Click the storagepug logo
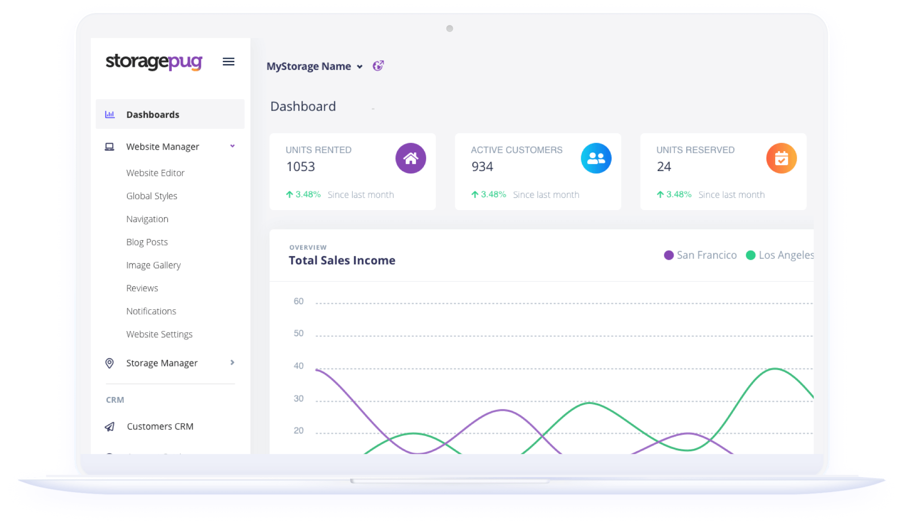[x=154, y=62]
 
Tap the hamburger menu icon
[x=228, y=62]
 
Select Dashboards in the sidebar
[x=152, y=115]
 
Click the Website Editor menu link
[x=155, y=173]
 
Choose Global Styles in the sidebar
[x=151, y=196]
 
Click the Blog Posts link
[x=147, y=242]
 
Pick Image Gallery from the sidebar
[x=153, y=265]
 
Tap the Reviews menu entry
[x=142, y=288]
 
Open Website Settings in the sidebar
[x=159, y=334]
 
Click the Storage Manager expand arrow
[x=232, y=363]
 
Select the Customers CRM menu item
[x=160, y=427]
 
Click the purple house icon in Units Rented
[x=410, y=158]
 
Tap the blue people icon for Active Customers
[x=596, y=158]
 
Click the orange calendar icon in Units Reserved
[x=781, y=158]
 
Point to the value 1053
[x=301, y=166]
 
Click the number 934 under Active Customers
[x=482, y=166]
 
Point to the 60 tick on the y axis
[x=299, y=301]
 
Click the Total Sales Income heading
[x=342, y=261]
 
